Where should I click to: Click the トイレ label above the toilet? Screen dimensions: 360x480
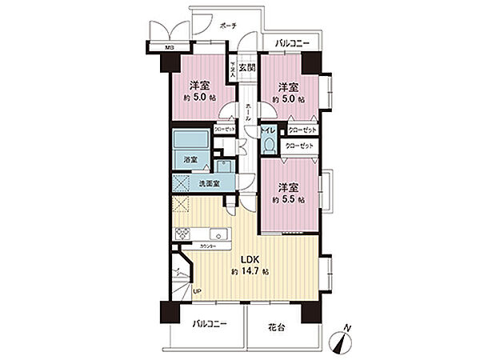270,130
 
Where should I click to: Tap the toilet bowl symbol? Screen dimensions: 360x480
270,145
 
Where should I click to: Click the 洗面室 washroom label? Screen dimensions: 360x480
210,185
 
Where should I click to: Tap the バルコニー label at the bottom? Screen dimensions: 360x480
210,326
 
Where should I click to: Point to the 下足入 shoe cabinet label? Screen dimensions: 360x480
234,70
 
